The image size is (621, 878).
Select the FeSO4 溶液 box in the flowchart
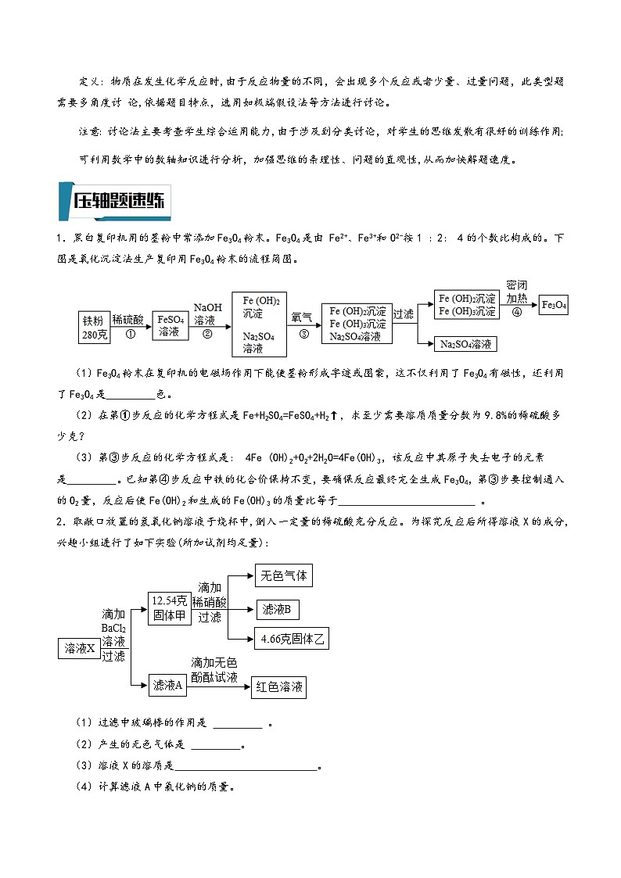[171, 326]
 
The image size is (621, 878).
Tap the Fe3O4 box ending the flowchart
[555, 305]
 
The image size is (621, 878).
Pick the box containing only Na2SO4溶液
[466, 344]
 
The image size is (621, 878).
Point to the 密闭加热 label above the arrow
[517, 292]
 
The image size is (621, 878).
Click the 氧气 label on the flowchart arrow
[302, 317]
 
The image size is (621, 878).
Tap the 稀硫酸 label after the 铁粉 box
[128, 320]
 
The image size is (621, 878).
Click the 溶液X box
[80, 648]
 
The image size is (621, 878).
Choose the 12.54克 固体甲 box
[170, 607]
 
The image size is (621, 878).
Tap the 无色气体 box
[283, 576]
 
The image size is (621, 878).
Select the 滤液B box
[277, 609]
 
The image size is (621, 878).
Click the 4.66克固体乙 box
[292, 639]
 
